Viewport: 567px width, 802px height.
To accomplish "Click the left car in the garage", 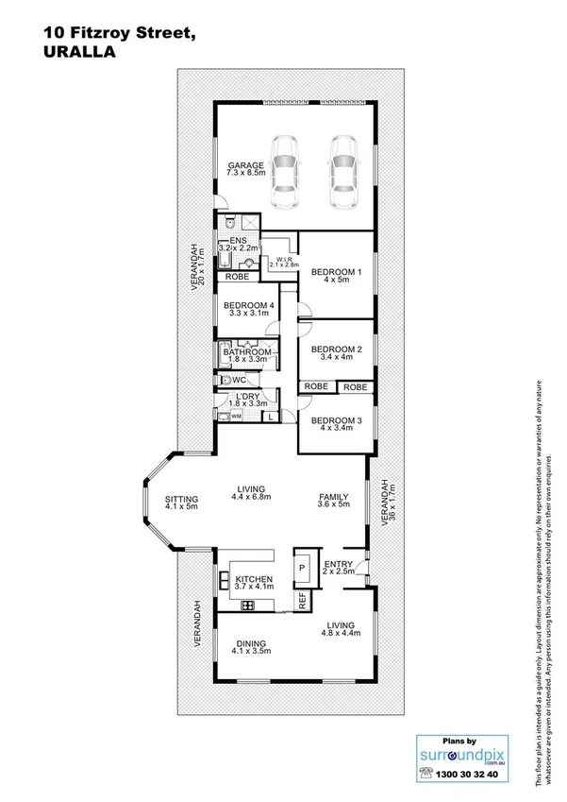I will click(285, 173).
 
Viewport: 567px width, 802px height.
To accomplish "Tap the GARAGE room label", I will click(244, 166).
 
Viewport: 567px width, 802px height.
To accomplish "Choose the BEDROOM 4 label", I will click(249, 305).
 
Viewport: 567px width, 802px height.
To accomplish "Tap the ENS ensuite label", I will click(226, 240).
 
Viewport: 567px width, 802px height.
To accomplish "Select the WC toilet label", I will click(239, 379).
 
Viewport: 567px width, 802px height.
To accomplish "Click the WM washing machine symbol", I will click(236, 416).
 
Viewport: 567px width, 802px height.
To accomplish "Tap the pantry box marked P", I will click(302, 569).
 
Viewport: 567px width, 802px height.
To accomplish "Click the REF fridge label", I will click(303, 598).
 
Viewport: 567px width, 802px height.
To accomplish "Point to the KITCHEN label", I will click(254, 579).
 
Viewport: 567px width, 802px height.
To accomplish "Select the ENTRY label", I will click(338, 564).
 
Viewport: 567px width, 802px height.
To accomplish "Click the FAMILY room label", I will click(334, 497).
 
